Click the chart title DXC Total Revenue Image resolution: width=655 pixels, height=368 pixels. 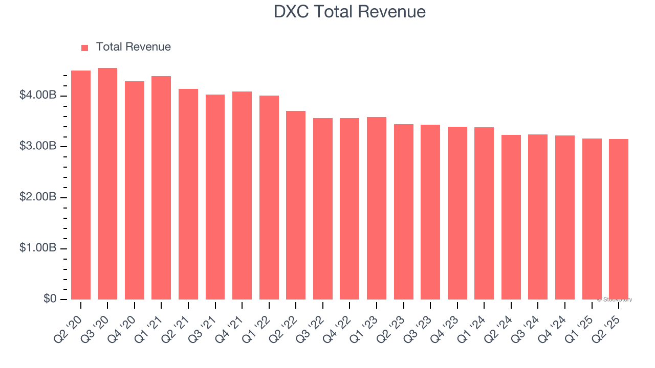tap(350, 11)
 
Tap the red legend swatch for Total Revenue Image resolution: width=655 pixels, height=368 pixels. tap(85, 48)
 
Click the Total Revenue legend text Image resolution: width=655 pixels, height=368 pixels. tap(133, 47)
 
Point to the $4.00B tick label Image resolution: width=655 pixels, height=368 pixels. tap(38, 96)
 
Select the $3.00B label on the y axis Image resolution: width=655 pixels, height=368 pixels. tap(38, 146)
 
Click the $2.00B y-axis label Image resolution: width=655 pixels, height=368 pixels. tap(38, 197)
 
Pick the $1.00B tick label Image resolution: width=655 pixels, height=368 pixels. tap(38, 248)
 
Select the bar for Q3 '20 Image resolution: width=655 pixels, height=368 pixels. tap(107, 184)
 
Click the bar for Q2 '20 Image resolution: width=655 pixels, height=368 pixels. tap(81, 185)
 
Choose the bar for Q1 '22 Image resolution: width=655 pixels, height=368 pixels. tap(269, 197)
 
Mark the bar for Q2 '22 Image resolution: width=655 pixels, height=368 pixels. tap(296, 205)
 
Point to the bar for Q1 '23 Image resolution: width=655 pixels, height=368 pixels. tap(377, 208)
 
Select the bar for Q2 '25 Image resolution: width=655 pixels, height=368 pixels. tap(619, 219)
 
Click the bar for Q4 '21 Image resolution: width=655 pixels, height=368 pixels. tap(242, 195)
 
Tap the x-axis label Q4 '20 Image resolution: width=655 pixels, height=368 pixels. tap(122, 321)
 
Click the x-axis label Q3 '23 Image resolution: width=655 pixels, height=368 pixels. tap(418, 321)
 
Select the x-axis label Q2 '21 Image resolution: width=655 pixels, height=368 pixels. tap(176, 321)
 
